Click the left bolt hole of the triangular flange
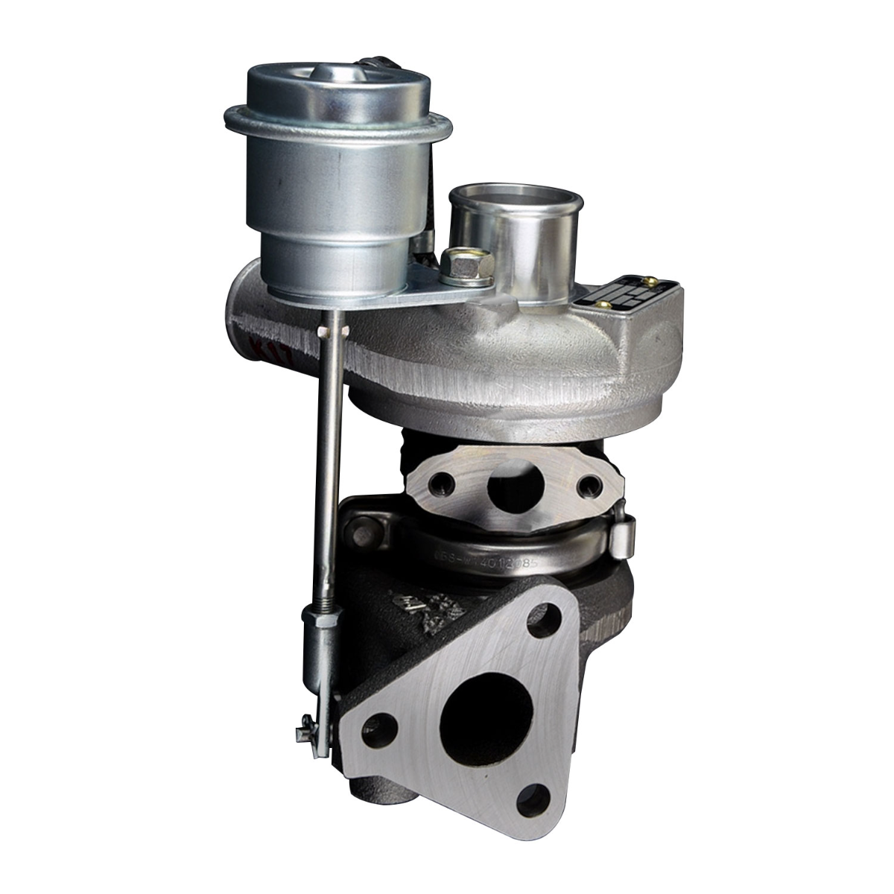point(381,723)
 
